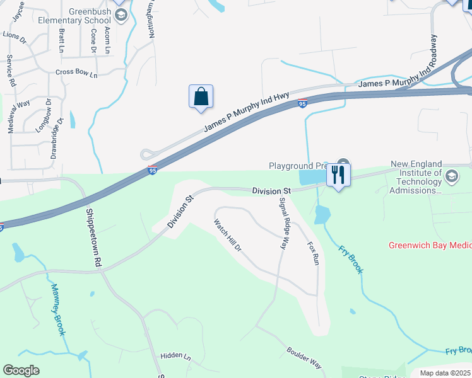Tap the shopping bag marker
201,97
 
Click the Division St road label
271,190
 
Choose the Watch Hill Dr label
228,235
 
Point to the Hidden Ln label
175,356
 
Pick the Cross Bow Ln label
77,74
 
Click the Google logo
21,370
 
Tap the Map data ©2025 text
445,373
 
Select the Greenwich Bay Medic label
430,245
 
